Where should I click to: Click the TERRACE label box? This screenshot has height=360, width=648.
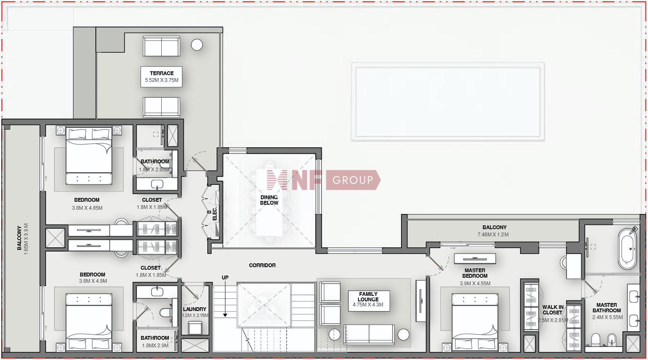[x=161, y=77]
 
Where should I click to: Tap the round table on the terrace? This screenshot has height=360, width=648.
[x=197, y=45]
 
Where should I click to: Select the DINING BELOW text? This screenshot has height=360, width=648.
[x=269, y=200]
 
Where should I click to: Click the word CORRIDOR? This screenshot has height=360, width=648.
[x=262, y=265]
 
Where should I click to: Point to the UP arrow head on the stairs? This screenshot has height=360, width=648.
[x=225, y=315]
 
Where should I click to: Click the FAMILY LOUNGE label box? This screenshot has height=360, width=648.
[x=369, y=301]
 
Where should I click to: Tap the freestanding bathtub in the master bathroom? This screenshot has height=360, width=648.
[x=627, y=249]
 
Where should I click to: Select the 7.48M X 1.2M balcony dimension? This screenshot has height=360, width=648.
[x=493, y=235]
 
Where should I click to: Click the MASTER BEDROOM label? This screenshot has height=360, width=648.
[x=475, y=273]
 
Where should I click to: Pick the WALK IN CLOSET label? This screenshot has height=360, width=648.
[x=553, y=310]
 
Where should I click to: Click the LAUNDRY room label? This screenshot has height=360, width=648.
[x=194, y=309]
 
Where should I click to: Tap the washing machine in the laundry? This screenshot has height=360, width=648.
[x=195, y=328]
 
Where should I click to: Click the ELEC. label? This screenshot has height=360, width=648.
[x=214, y=214]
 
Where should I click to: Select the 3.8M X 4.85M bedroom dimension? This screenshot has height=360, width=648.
[x=87, y=208]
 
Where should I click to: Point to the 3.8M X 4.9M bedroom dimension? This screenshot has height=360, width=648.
[x=93, y=281]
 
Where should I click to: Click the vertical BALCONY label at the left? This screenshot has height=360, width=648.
[x=19, y=238]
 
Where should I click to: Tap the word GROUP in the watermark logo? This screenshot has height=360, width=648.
[x=352, y=180]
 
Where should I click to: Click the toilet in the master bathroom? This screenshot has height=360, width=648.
[x=596, y=340]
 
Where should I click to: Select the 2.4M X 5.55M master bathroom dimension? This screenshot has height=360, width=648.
[x=607, y=317]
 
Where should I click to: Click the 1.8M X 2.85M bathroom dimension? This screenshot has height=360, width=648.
[x=154, y=169]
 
